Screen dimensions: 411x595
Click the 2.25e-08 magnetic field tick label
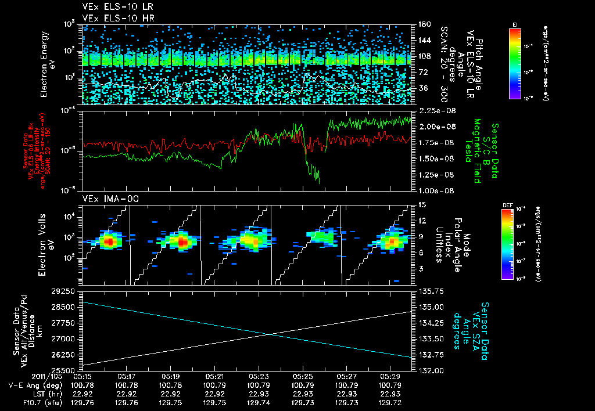click(x=434, y=110)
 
